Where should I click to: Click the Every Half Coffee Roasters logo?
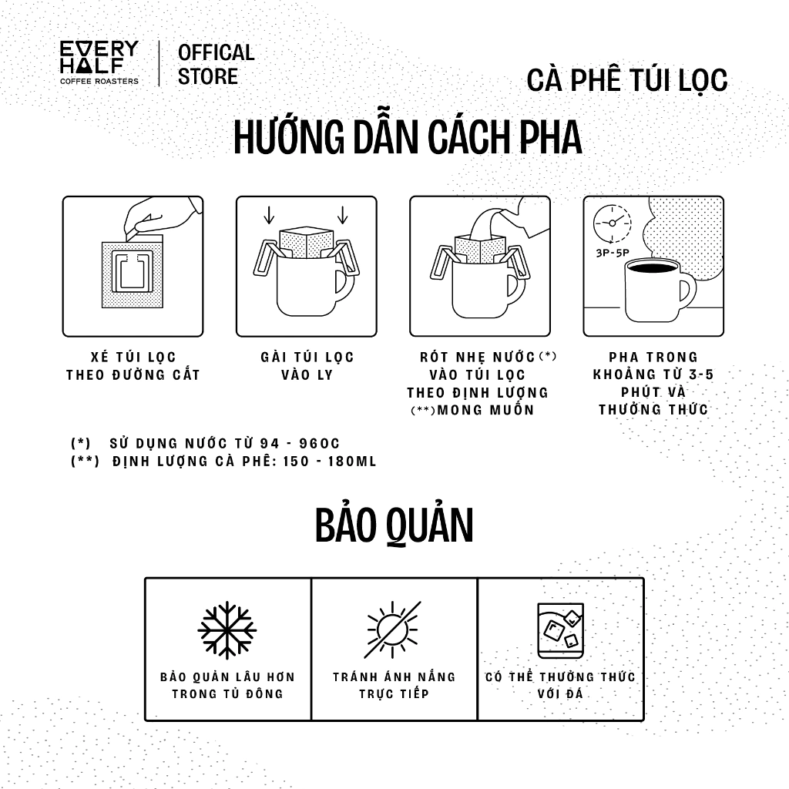99,62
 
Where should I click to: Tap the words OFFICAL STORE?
216,65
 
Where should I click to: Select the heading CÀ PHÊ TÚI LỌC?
627,79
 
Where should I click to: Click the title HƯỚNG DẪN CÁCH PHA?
408,136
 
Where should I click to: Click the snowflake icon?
227,630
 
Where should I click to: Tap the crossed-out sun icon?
392,630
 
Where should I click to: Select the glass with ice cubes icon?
561,630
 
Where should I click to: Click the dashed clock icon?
612,223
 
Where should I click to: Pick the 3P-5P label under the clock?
613,253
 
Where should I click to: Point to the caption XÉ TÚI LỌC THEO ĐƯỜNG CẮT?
133,366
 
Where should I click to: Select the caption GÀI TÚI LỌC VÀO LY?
307,366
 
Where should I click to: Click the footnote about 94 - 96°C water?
205,443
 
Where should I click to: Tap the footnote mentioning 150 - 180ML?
223,461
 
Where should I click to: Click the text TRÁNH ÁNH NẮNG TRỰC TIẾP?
394,685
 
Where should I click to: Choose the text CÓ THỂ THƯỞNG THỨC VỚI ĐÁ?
560,685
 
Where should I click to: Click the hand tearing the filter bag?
161,217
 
